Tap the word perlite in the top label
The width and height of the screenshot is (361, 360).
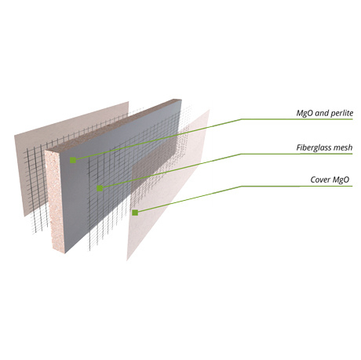pyautogui.click(x=342, y=113)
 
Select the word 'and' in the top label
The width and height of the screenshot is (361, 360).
pyautogui.click(x=322, y=113)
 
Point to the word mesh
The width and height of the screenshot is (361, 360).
pyautogui.click(x=344, y=147)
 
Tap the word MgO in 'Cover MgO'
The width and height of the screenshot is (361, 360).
pyautogui.click(x=341, y=180)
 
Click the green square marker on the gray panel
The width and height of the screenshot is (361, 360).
pyautogui.click(x=73, y=160)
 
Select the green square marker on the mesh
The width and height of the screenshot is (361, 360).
pyautogui.click(x=100, y=188)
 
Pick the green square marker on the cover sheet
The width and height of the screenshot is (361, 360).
pyautogui.click(x=135, y=213)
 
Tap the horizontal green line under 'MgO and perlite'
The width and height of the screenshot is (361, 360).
pyautogui.click(x=297, y=119)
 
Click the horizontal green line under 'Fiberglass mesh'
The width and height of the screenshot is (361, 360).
pyautogui.click(x=297, y=154)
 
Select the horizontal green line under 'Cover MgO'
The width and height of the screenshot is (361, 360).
pyautogui.click(x=297, y=186)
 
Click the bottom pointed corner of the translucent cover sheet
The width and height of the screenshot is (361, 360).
pyautogui.click(x=127, y=260)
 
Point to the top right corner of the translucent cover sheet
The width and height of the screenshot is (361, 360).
pyautogui.click(x=210, y=110)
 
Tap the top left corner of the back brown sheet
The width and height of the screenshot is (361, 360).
pyautogui.click(x=14, y=136)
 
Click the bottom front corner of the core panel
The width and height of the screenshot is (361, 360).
pyautogui.click(x=64, y=253)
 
